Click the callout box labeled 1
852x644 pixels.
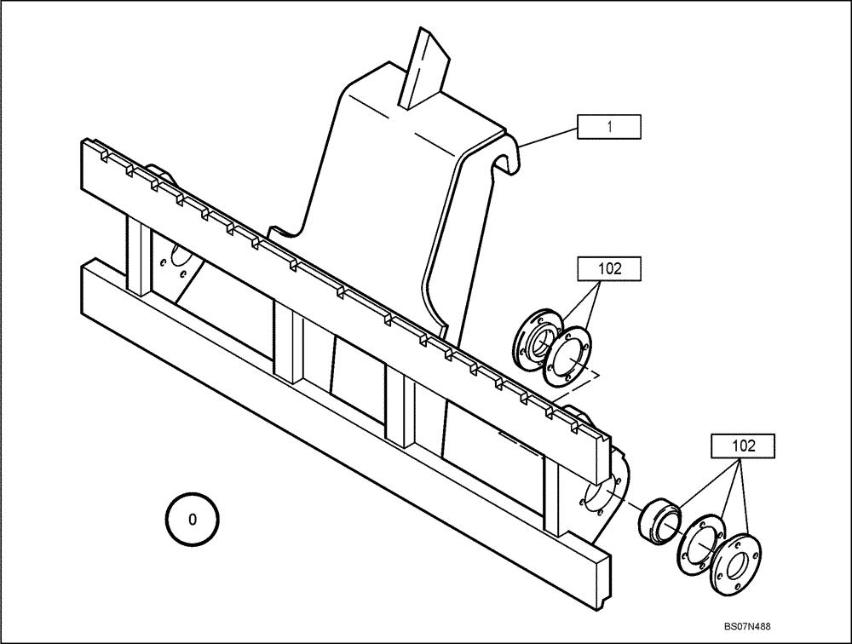[609, 128]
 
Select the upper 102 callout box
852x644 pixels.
[609, 267]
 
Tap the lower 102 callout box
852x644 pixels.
[742, 446]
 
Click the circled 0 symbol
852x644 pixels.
[192, 518]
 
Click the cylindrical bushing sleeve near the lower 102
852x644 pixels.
[660, 519]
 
